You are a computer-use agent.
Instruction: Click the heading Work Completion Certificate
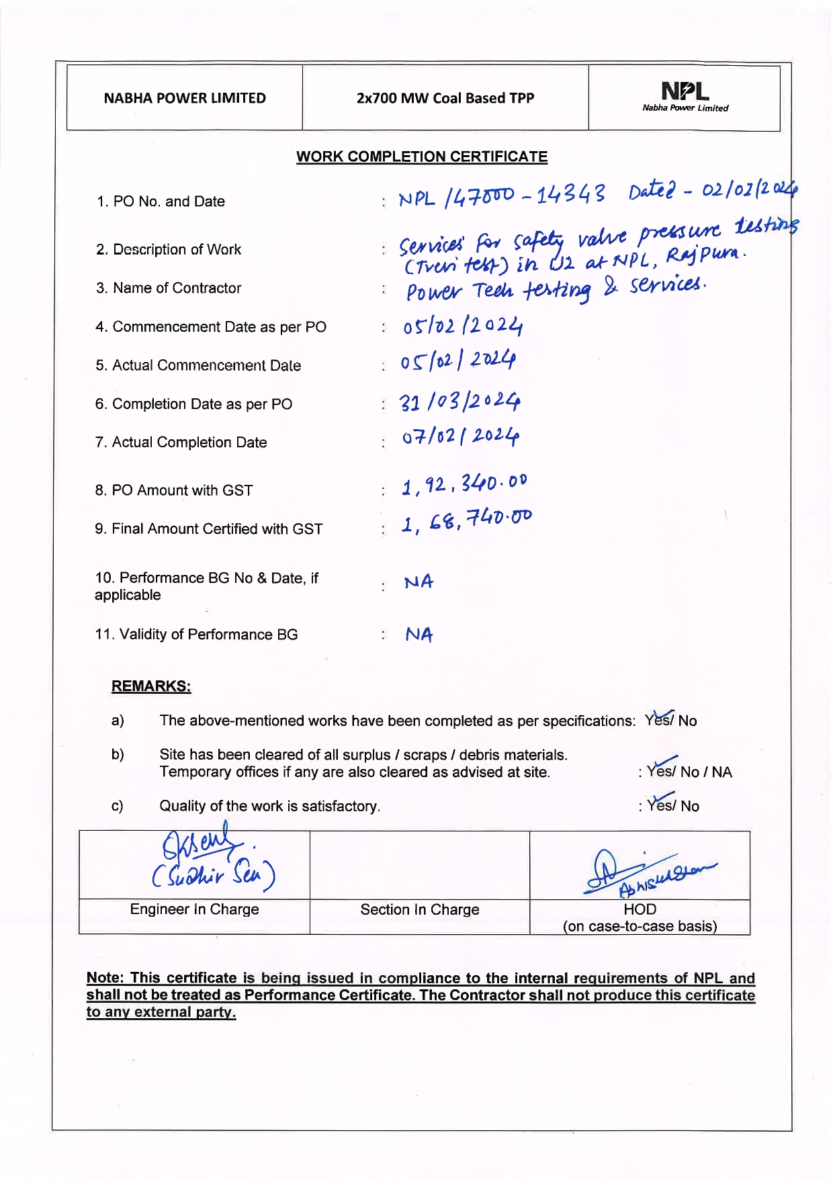tap(422, 156)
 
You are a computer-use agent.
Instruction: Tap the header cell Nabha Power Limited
tap(185, 98)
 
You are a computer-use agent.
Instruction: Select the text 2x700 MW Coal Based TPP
tap(445, 98)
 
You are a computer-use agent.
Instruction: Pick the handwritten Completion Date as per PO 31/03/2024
tap(460, 402)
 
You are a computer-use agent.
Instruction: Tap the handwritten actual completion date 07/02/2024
tap(461, 437)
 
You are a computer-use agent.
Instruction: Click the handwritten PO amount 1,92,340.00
tap(464, 484)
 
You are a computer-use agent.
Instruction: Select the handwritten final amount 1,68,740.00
tap(466, 520)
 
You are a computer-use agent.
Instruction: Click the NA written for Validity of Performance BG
tap(419, 635)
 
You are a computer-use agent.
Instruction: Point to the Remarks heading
tap(151, 686)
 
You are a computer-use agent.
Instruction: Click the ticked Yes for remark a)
tap(659, 720)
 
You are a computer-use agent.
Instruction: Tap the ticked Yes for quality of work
tap(661, 805)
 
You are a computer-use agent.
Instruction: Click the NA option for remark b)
tap(722, 772)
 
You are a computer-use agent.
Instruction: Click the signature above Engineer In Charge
tap(212, 862)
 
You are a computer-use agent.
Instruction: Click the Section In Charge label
tap(420, 909)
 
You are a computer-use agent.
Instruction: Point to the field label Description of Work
tap(169, 250)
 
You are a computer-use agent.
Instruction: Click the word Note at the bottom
tap(105, 978)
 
